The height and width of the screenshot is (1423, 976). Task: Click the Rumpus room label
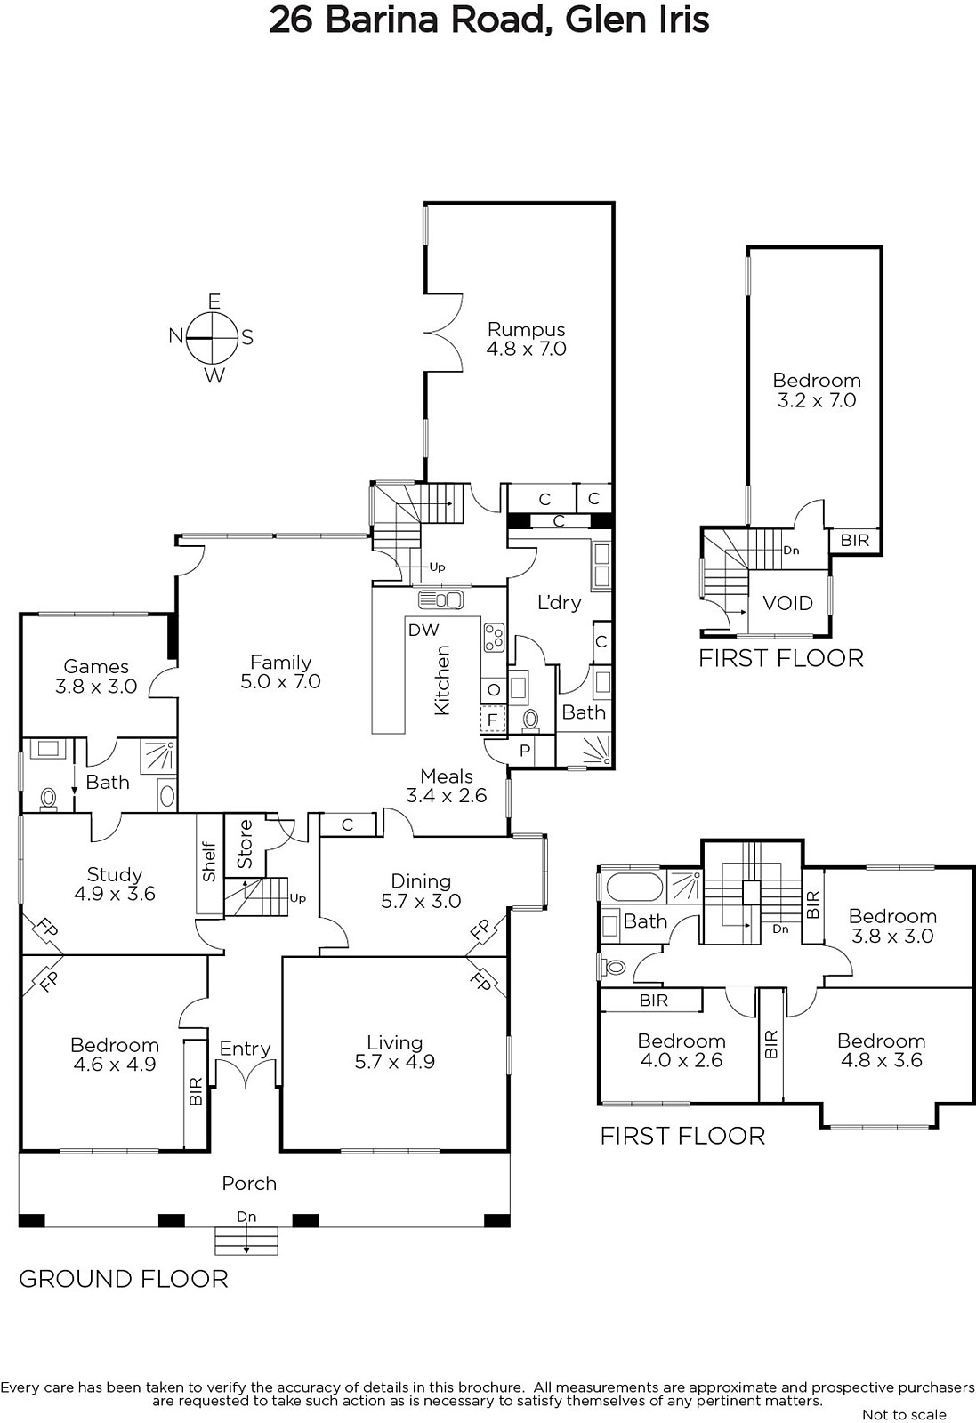tap(526, 330)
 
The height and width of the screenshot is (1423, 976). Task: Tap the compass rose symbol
tap(213, 338)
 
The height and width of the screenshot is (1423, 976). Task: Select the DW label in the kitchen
tap(423, 630)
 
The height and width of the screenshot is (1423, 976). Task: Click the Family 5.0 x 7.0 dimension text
tap(281, 681)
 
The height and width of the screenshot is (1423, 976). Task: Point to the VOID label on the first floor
tap(788, 603)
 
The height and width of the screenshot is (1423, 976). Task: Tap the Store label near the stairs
tap(246, 844)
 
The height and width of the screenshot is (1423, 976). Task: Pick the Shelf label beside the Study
tap(210, 862)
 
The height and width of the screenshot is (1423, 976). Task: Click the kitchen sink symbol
tap(441, 599)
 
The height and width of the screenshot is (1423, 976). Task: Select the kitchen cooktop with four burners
tap(495, 638)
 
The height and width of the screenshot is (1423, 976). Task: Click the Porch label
tap(249, 1183)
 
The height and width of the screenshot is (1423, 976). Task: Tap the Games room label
tap(96, 666)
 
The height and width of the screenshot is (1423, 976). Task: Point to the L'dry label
tap(559, 602)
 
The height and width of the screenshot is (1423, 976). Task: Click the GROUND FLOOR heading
tap(124, 1279)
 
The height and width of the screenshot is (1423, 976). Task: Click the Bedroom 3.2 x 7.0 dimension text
tap(817, 400)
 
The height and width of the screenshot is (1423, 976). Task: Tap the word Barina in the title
tap(382, 20)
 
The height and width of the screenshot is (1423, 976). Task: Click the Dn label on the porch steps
tap(246, 1217)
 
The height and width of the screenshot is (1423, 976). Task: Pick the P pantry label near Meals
tap(525, 751)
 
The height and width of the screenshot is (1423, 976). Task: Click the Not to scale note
tap(904, 1414)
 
